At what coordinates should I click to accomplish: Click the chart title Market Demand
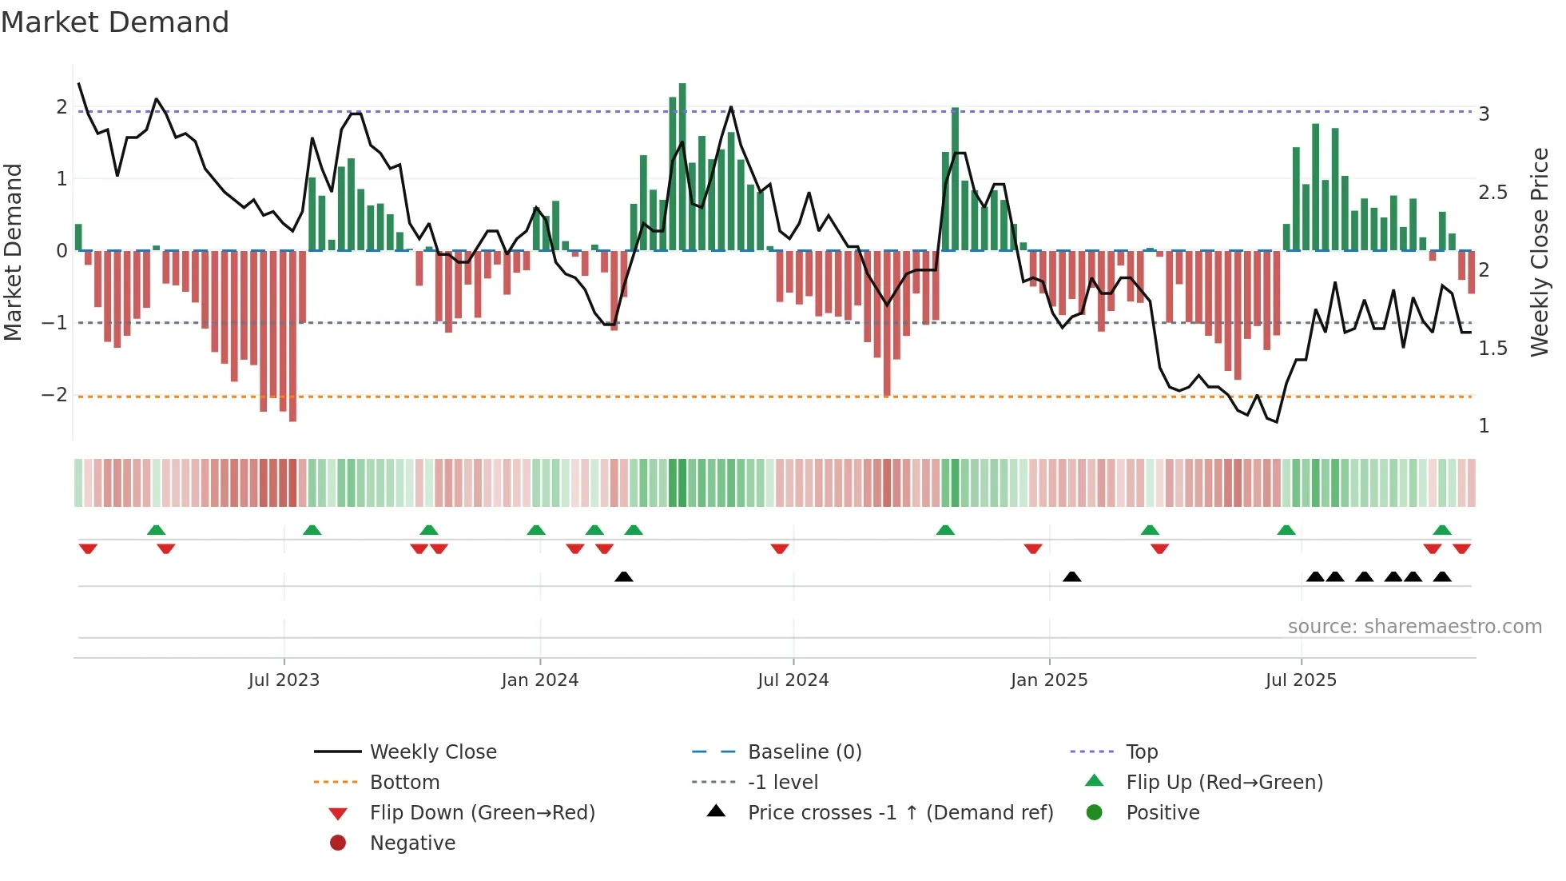coord(115,22)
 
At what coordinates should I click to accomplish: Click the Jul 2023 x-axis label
coord(284,680)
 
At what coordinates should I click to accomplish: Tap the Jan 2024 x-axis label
coord(539,680)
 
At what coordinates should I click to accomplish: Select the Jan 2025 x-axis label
coord(1048,680)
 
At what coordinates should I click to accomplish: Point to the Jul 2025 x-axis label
coord(1301,680)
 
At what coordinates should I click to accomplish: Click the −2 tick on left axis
coord(54,395)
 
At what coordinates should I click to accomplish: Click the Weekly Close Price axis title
coord(1540,252)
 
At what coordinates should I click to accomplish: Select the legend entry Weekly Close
coord(433,752)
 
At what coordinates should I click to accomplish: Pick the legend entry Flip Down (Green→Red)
coord(482,813)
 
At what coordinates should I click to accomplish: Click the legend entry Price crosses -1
coord(900,813)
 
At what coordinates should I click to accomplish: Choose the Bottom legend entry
coord(404,783)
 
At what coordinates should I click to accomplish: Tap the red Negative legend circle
coord(338,843)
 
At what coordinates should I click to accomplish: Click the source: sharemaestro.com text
coord(1414,627)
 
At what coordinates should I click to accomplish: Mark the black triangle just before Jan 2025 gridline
coord(1071,577)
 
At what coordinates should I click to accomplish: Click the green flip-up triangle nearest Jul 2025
coord(1286,531)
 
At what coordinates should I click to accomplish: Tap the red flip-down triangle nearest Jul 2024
coord(780,549)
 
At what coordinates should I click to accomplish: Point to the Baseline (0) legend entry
coord(805,752)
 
